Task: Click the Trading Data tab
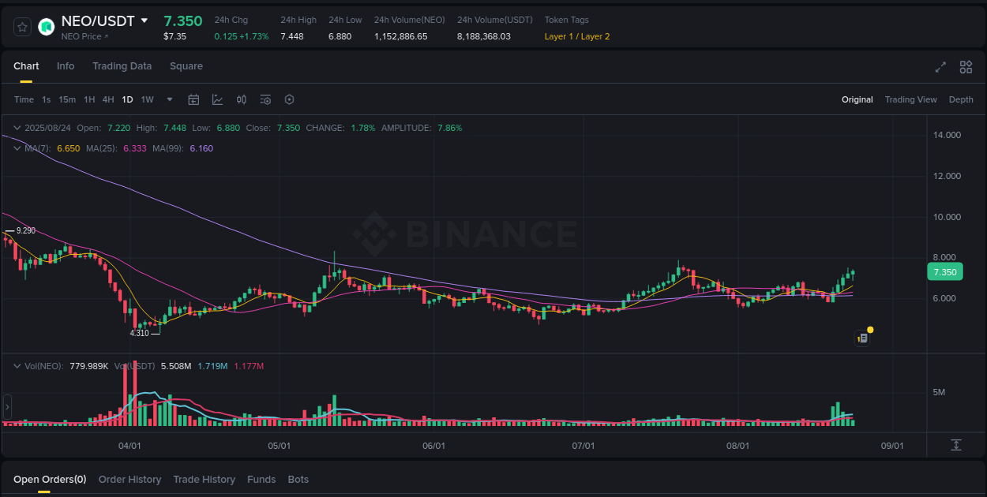coord(122,66)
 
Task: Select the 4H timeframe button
coord(108,99)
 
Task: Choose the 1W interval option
coord(147,99)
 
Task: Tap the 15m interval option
coord(67,99)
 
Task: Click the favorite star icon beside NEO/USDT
coord(23,27)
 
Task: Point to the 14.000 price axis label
coord(947,135)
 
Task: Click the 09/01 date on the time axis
coord(892,446)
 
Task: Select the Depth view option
coord(961,99)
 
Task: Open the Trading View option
coord(910,99)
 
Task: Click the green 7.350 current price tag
coord(944,272)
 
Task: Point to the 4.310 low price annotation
coord(139,333)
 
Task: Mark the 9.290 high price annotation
coord(25,230)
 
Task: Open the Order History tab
coord(129,480)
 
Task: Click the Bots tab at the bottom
coord(298,480)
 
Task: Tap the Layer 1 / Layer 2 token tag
coord(576,36)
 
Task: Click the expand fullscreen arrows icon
coord(940,67)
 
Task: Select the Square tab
coord(186,66)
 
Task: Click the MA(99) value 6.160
coord(201,148)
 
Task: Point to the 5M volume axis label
coord(939,392)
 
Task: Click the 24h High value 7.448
coord(291,36)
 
